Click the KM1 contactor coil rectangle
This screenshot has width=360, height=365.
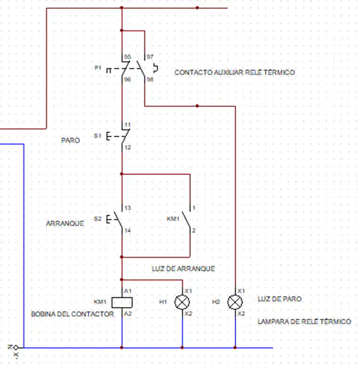pyautogui.click(x=122, y=302)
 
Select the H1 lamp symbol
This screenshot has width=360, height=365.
pyautogui.click(x=182, y=302)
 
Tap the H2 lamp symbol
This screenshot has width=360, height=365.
pyautogui.click(x=235, y=302)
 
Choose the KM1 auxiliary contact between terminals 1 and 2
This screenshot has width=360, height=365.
pyautogui.click(x=187, y=219)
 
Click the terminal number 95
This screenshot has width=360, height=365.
pyautogui.click(x=127, y=56)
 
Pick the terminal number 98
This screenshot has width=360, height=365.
pyautogui.click(x=150, y=79)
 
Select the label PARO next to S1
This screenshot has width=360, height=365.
pyautogui.click(x=70, y=140)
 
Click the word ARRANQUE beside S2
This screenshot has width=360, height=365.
pyautogui.click(x=65, y=223)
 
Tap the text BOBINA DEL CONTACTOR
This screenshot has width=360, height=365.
pyautogui.click(x=72, y=314)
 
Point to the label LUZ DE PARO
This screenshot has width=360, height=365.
pyautogui.click(x=279, y=299)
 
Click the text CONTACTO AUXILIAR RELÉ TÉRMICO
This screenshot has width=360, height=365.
pyautogui.click(x=235, y=72)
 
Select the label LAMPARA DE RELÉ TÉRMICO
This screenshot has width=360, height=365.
pyautogui.click(x=304, y=322)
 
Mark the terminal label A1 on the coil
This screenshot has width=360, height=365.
pyautogui.click(x=128, y=291)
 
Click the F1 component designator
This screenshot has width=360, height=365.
pyautogui.click(x=98, y=67)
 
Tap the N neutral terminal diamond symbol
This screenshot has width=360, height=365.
pyautogui.click(x=16, y=348)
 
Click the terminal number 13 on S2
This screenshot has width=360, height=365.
pyautogui.click(x=127, y=208)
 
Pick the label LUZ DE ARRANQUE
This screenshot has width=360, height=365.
pyautogui.click(x=183, y=269)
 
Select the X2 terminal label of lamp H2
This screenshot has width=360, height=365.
pyautogui.click(x=242, y=313)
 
